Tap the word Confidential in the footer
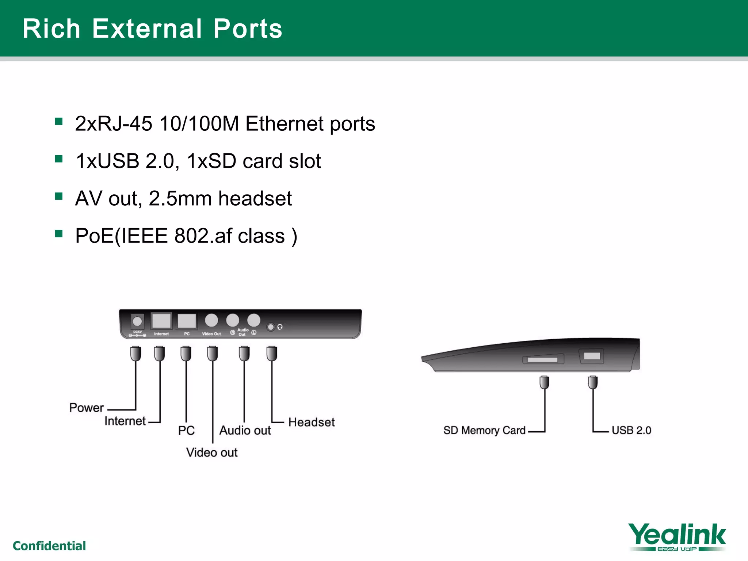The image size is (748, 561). (49, 546)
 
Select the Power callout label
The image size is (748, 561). (87, 408)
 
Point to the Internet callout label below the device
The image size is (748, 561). (125, 421)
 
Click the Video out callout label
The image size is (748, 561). (212, 453)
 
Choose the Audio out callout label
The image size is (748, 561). (245, 430)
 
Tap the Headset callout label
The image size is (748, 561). (312, 422)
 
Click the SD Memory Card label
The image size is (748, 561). (484, 430)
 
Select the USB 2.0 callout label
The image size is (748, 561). (631, 430)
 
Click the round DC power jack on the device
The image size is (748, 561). (137, 321)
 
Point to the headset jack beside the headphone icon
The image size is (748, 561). (271, 327)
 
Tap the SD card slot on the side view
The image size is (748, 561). (542, 360)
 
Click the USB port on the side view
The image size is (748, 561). (592, 356)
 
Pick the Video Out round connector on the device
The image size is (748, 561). (211, 320)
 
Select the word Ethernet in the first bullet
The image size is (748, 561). (285, 123)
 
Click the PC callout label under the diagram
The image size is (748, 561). (186, 430)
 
